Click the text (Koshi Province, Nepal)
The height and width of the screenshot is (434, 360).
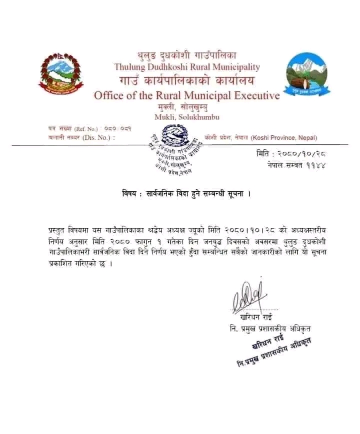coord(283,137)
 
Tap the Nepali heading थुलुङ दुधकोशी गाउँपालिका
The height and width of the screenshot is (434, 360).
coord(186,55)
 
